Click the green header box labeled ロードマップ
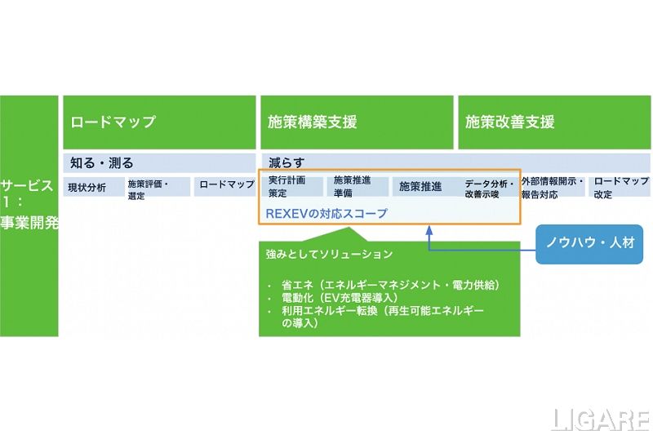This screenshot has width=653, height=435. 159,122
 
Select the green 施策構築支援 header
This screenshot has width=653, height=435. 357,122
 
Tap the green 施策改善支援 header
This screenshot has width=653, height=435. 553,122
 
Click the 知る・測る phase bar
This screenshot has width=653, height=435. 159,162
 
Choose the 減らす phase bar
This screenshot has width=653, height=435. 455,162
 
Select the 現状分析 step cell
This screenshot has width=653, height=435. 94,187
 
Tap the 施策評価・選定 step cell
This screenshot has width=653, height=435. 158,188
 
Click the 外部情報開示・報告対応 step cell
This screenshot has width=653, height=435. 553,188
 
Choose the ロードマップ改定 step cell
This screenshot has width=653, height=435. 620,188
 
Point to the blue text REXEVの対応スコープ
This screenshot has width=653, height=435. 326,213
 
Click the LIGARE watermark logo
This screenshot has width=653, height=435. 600,419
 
